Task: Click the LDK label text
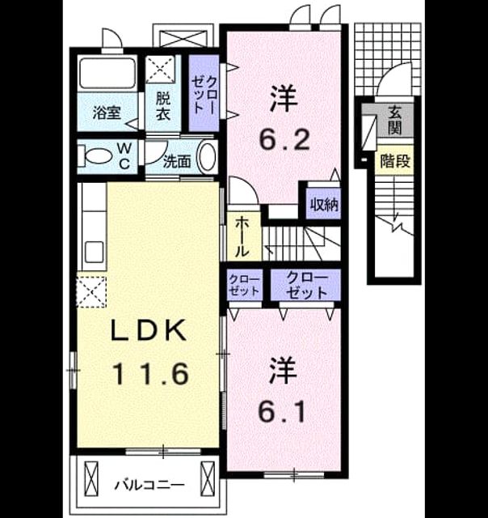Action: coord(149,330)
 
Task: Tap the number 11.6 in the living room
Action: coord(151,373)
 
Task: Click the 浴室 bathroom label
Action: coord(107,113)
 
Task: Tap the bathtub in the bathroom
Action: coord(107,74)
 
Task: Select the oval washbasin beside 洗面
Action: coord(208,156)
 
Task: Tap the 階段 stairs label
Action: coord(395,161)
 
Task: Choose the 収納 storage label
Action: coord(324,204)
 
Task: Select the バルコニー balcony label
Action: coord(149,486)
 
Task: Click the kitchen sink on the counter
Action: coord(95,252)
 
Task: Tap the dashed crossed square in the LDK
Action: coord(91,292)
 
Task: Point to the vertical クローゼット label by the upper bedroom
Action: coord(204,96)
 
